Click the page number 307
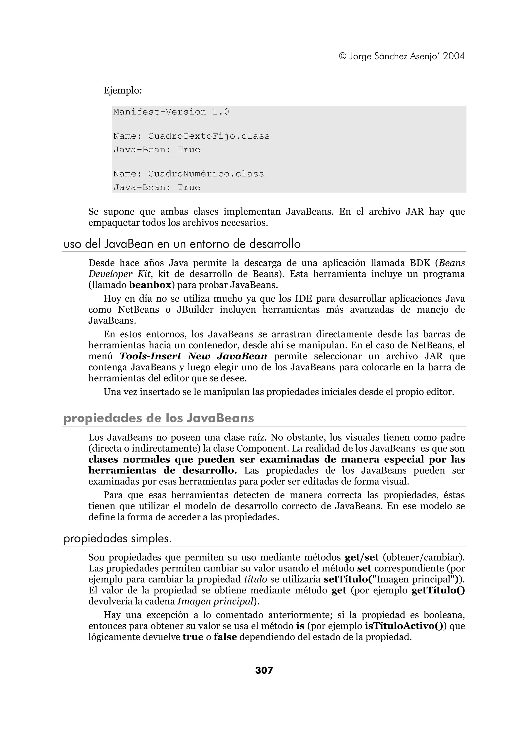[x=264, y=670]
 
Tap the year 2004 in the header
[x=454, y=57]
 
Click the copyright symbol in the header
[x=342, y=57]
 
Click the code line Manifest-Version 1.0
[x=171, y=112]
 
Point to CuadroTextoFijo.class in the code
[x=209, y=136]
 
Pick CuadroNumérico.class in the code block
[x=206, y=174]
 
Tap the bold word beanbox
[x=150, y=285]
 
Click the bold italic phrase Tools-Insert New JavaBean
[x=193, y=356]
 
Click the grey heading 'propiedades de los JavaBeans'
[x=159, y=418]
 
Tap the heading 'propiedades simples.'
[x=117, y=539]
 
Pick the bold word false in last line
[x=225, y=637]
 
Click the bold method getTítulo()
[x=438, y=590]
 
